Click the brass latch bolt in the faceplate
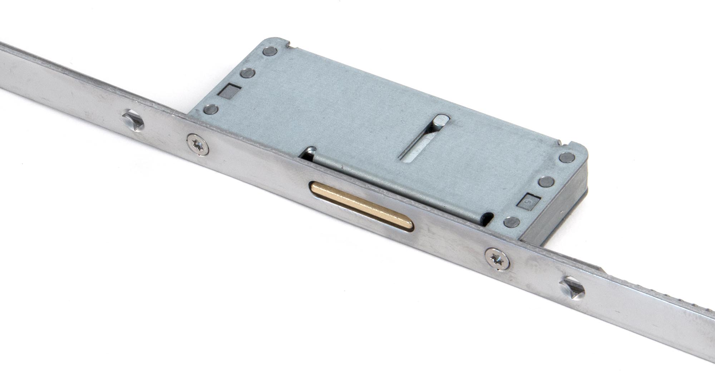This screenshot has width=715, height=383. tap(361, 206)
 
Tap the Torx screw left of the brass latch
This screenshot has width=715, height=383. tap(198, 144)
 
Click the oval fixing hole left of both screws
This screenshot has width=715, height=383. tap(133, 120)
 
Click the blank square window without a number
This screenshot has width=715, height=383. tap(226, 91)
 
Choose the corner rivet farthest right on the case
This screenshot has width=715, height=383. tap(567, 158)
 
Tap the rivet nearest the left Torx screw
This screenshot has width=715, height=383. tap(211, 109)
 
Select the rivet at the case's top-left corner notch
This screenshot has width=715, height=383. tap(270, 51)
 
